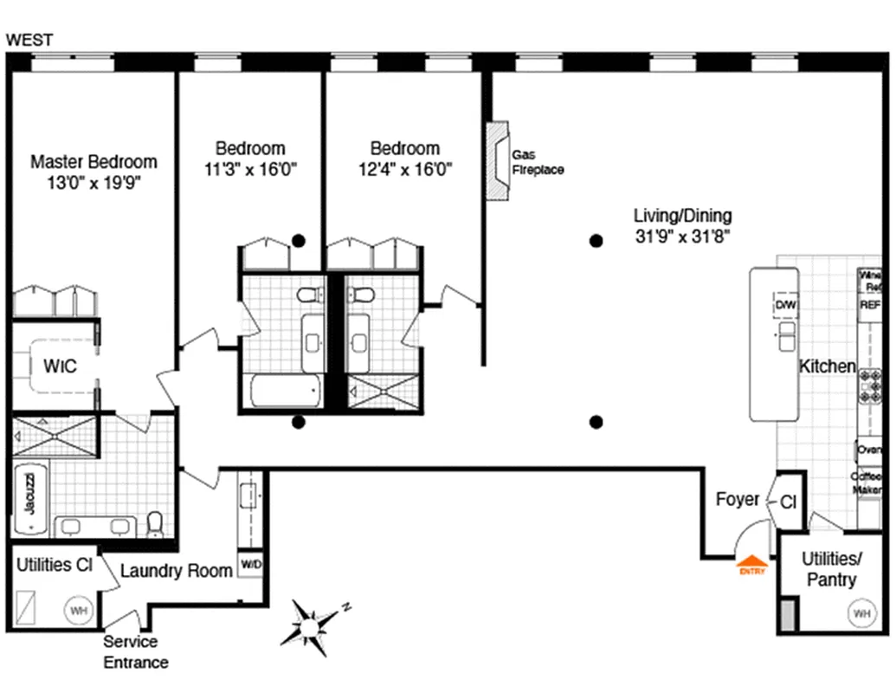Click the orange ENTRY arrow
pyautogui.click(x=750, y=562)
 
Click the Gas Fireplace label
pyautogui.click(x=537, y=162)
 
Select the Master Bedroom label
pyautogui.click(x=93, y=162)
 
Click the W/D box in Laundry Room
pyautogui.click(x=251, y=564)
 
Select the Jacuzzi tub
pyautogui.click(x=29, y=494)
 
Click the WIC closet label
pyautogui.click(x=60, y=366)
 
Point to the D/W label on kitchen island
pyautogui.click(x=784, y=306)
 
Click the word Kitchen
pyautogui.click(x=827, y=366)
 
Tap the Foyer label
pyautogui.click(x=738, y=500)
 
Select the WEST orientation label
pyautogui.click(x=29, y=39)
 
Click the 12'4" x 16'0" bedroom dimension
pyautogui.click(x=404, y=169)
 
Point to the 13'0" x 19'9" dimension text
pyautogui.click(x=93, y=183)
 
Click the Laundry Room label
pyautogui.click(x=176, y=571)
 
